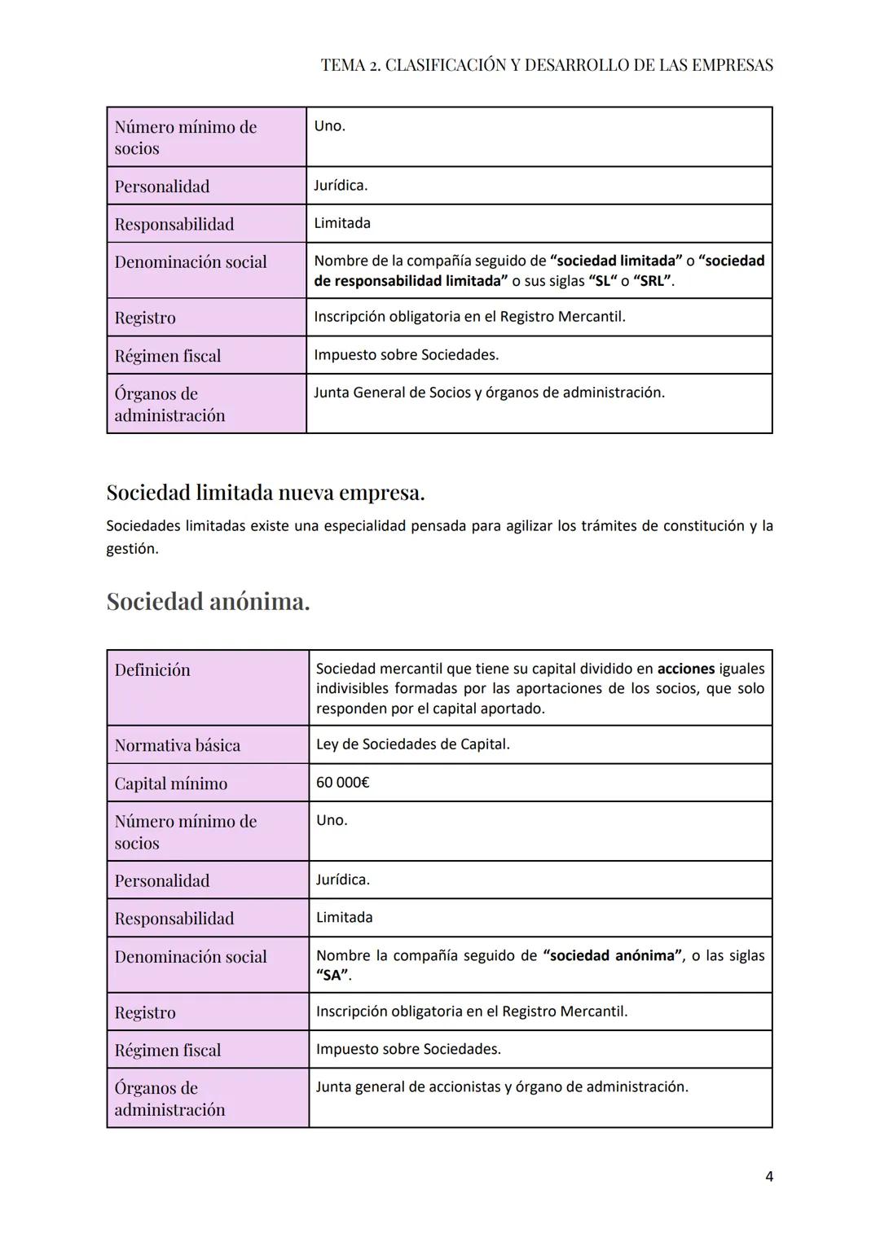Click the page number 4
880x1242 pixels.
click(x=769, y=1176)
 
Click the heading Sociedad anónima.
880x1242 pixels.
click(x=208, y=602)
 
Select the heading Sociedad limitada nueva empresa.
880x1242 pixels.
click(x=266, y=493)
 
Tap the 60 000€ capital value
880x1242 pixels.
click(x=343, y=783)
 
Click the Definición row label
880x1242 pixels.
click(x=152, y=670)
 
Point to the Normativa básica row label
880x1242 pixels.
click(x=178, y=745)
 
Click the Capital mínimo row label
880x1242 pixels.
click(x=171, y=783)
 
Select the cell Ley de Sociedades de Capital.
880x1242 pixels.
click(x=413, y=744)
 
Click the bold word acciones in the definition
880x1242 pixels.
click(x=686, y=669)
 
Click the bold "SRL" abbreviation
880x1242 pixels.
click(x=653, y=281)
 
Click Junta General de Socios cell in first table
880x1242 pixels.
click(x=489, y=393)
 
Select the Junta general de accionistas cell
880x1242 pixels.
click(x=502, y=1087)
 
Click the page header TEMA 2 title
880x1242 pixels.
click(x=547, y=65)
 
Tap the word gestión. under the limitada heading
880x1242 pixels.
click(x=132, y=549)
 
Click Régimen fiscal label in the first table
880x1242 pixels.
click(x=168, y=356)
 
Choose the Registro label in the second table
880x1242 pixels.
click(x=145, y=1012)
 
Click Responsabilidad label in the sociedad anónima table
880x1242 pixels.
click(x=174, y=919)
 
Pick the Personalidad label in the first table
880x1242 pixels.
click(x=162, y=187)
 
